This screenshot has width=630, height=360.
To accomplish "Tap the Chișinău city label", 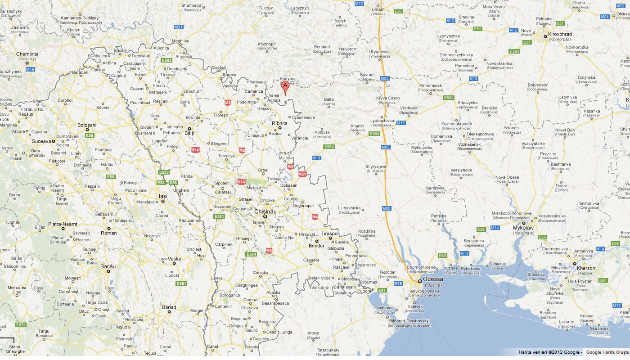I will pos(265,211).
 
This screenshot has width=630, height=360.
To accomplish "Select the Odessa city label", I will pos(433,279).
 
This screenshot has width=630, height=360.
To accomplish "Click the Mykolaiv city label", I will pos(524,228).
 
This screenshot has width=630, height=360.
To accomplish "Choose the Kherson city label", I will pos(586,268).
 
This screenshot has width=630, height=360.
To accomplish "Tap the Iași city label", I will pos(163,196).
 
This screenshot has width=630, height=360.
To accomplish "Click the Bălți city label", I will pos(189,133).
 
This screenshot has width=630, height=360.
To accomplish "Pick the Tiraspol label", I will pos(330,234).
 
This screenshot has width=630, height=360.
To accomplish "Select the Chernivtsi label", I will pos(27,54).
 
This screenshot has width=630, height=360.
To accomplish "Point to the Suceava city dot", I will pos(54,141).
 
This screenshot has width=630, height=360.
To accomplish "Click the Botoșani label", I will pos(87,125).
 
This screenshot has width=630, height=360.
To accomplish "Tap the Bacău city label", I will pos(108,266).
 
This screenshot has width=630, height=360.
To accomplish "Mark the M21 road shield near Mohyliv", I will pos(179,27).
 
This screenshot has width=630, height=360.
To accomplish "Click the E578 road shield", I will pos(21,325).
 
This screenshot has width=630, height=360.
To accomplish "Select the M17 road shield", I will pos(617,306).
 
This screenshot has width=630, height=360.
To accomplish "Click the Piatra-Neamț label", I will pos(63,224).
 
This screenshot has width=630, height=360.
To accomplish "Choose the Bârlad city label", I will pos(169,307).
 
